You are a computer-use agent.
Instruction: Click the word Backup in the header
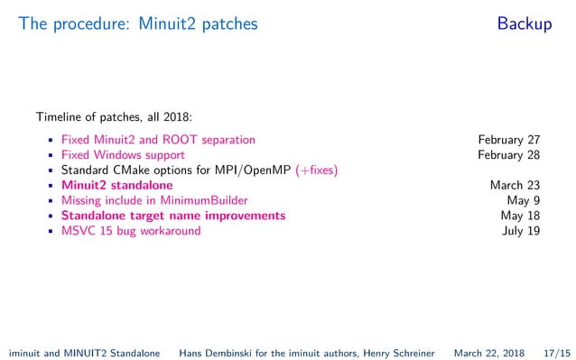point(524,24)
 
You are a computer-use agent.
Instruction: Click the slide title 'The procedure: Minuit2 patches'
point(138,24)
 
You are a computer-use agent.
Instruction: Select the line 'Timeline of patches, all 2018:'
point(114,116)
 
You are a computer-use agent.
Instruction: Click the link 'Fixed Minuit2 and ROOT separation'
point(158,140)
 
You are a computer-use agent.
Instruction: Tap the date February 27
point(509,140)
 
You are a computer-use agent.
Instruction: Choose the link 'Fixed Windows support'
point(123,155)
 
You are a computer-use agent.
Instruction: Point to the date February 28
point(509,155)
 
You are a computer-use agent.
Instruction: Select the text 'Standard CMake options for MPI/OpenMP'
point(176,171)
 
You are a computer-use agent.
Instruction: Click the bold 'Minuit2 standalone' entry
point(116,186)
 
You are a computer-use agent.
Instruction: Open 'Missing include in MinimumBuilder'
point(154,200)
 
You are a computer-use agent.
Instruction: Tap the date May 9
point(524,200)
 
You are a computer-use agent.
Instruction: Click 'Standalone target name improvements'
point(173,216)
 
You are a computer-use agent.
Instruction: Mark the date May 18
point(520,216)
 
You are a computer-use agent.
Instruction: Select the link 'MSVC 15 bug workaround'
point(131,231)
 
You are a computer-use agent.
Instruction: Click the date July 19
point(521,231)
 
